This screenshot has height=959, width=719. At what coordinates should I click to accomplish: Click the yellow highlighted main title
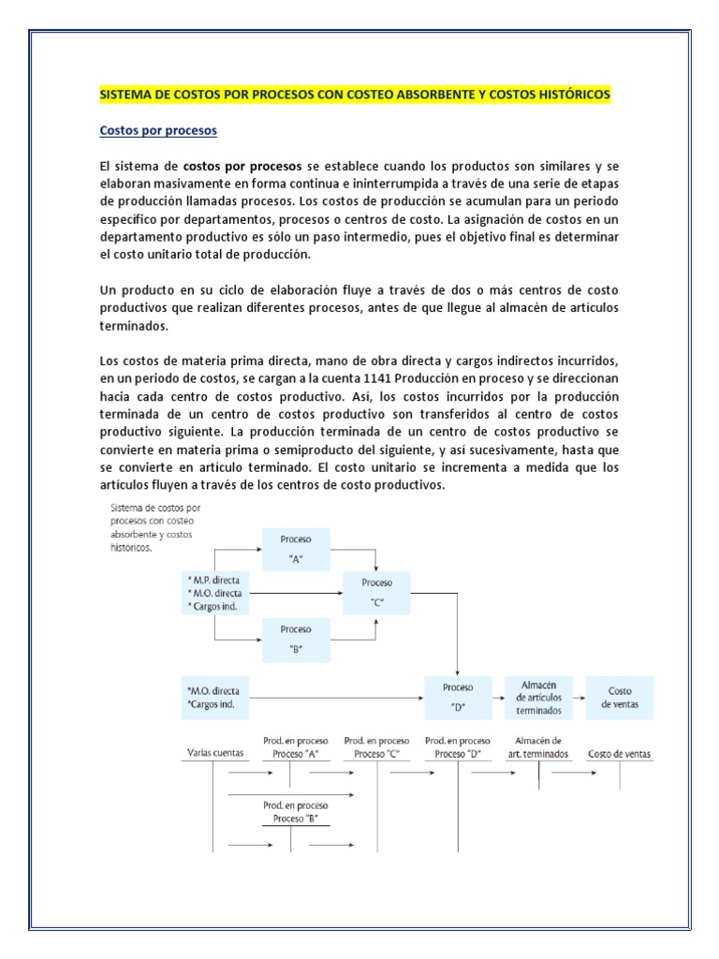[354, 96]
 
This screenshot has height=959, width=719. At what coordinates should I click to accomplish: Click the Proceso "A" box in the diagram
[296, 547]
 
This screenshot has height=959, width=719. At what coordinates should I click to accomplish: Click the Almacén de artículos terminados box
[538, 697]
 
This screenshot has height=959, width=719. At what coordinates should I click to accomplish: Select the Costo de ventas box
[619, 697]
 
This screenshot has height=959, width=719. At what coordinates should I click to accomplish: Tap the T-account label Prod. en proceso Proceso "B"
[296, 811]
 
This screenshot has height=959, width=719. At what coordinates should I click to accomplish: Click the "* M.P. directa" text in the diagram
[216, 580]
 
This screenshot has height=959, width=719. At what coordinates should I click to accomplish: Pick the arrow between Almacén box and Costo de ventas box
[575, 697]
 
